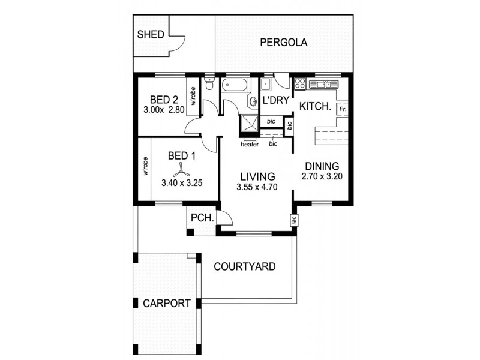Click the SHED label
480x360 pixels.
tap(151, 34)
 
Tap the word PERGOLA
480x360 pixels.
tap(284, 43)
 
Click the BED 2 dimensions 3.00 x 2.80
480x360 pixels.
tap(164, 110)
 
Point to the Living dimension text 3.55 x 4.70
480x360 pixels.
tap(257, 188)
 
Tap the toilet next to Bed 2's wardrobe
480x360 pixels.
tap(209, 85)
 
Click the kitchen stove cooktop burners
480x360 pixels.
tap(300, 83)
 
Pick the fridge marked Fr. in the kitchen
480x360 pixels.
tap(343, 109)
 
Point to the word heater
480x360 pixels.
tap(249, 144)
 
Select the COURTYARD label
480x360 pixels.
tap(245, 266)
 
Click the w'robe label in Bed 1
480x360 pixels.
tap(145, 167)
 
